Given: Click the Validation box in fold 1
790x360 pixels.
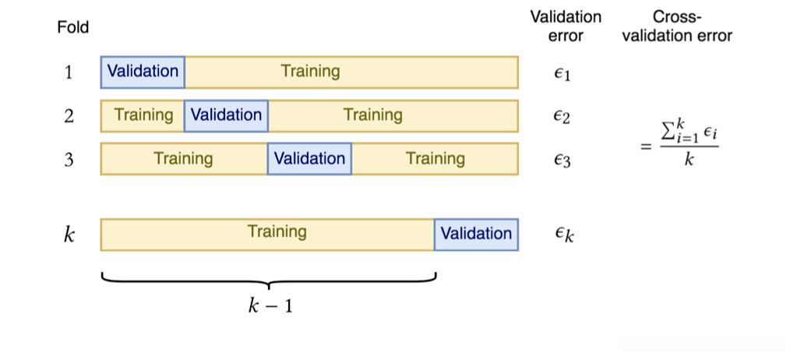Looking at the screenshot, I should pyautogui.click(x=143, y=72).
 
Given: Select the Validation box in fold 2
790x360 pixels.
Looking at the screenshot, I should pyautogui.click(x=226, y=115).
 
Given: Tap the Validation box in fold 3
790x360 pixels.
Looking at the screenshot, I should pyautogui.click(x=309, y=159).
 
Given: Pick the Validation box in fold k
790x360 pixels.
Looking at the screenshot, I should pyautogui.click(x=476, y=234).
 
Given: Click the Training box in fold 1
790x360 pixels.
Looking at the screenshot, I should pyautogui.click(x=351, y=72).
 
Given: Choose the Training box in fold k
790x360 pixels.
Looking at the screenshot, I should pyautogui.click(x=267, y=234).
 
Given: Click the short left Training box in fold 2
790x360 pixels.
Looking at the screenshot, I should pyautogui.click(x=143, y=115).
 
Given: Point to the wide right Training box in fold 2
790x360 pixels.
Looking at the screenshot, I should pyautogui.click(x=393, y=115).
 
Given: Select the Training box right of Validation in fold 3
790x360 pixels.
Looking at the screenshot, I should pyautogui.click(x=435, y=159).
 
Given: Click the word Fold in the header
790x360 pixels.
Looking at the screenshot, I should pyautogui.click(x=73, y=28).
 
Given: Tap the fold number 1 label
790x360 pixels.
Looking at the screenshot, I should pyautogui.click(x=69, y=72).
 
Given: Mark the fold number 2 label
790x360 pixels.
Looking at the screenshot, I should pyautogui.click(x=69, y=116).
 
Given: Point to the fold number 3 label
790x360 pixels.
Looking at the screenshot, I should pyautogui.click(x=69, y=160).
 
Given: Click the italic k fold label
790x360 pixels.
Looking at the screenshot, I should pyautogui.click(x=69, y=235).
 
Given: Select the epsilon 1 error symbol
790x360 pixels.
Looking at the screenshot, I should pyautogui.click(x=563, y=74).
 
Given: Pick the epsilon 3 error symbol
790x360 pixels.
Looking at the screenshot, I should pyautogui.click(x=563, y=161).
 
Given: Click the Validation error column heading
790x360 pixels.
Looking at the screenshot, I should pyautogui.click(x=566, y=26).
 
